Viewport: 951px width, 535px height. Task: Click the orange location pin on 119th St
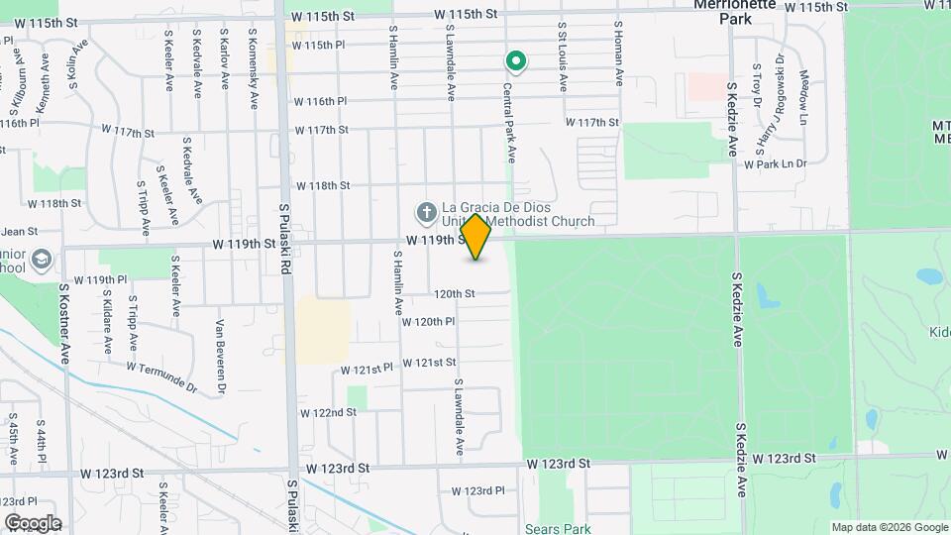click(x=476, y=237)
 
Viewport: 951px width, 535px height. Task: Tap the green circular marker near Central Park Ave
click(x=515, y=62)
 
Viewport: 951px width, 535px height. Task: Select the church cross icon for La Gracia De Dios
click(x=425, y=212)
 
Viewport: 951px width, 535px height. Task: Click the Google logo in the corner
click(x=33, y=523)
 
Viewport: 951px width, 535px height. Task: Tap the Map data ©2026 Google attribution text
click(x=889, y=527)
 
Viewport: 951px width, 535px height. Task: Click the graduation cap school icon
click(x=42, y=260)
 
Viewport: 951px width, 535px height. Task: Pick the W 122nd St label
click(x=328, y=412)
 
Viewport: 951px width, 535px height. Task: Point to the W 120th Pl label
click(x=428, y=321)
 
